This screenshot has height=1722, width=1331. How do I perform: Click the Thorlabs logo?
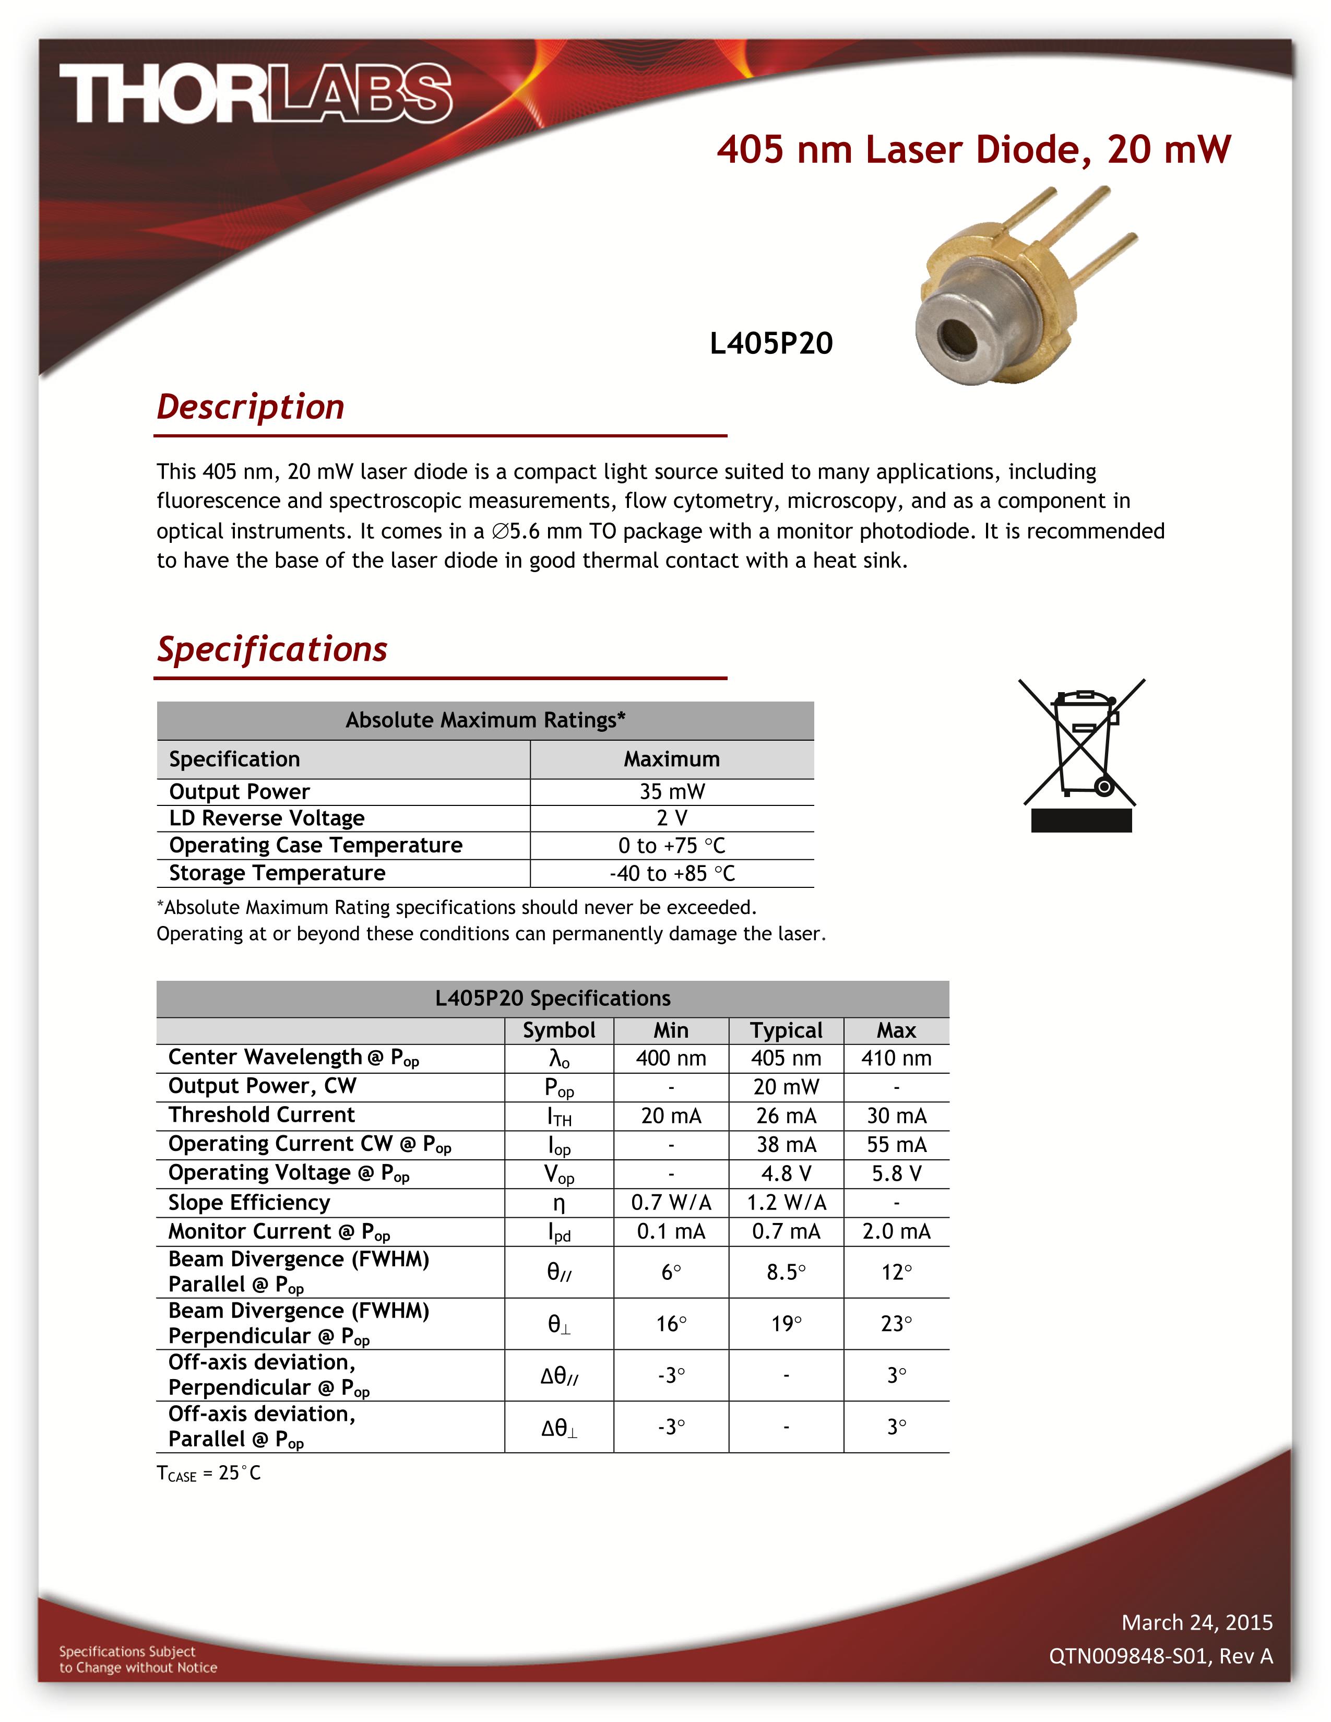point(255,94)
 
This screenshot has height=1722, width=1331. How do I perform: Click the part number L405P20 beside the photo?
point(770,343)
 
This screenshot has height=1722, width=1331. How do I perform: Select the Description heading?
point(250,407)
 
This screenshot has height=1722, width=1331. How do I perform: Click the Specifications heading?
point(271,649)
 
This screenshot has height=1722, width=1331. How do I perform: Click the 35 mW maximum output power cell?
point(672,792)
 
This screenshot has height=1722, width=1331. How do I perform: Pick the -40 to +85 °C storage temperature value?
point(672,874)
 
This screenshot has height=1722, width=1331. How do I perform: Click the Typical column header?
point(786,1030)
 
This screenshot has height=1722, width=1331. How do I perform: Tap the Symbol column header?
point(558,1030)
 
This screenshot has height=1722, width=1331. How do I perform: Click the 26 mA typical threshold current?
point(786,1115)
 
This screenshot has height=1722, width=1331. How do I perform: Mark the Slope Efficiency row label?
point(249,1203)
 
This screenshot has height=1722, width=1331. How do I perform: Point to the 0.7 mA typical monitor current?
point(786,1231)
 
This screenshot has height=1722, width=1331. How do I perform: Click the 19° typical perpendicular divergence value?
point(786,1324)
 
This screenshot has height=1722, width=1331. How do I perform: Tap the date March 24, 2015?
point(1196,1622)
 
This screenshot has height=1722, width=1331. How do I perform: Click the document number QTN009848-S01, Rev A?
point(1160,1656)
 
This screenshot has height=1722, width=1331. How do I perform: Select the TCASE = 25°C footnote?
point(208,1473)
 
